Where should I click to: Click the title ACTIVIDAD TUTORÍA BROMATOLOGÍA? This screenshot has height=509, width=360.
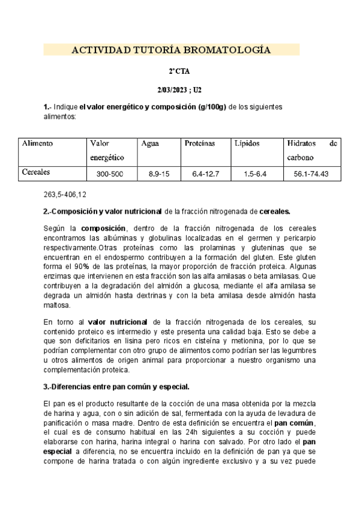171,50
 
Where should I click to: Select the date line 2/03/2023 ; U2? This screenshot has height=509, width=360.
179,89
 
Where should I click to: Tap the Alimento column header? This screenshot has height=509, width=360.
37,143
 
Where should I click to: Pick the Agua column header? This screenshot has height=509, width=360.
150,143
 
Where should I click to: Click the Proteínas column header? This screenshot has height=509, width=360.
200,143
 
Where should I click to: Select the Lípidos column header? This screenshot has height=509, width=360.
247,143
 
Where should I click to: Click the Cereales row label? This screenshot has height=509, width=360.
36,172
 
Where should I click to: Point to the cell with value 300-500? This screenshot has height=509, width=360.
110,173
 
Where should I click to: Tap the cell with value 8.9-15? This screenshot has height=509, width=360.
159,173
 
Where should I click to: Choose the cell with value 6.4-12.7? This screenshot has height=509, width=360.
206,173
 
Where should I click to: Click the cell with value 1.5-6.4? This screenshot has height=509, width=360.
256,173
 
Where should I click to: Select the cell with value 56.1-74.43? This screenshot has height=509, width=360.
313,173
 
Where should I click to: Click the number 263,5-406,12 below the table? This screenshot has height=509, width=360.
65,195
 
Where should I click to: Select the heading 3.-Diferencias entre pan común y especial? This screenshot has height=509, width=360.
116,385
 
